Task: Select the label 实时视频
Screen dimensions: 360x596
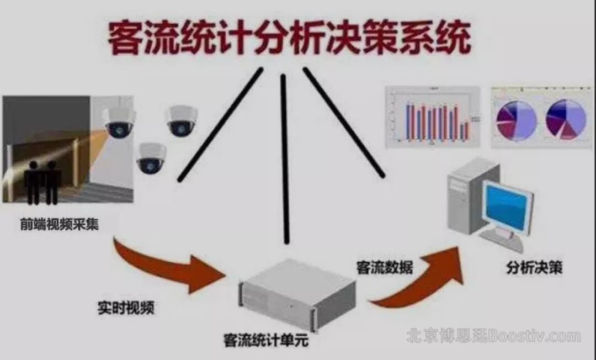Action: (126, 308)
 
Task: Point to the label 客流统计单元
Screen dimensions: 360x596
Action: (262, 340)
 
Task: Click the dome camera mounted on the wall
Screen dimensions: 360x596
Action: (119, 123)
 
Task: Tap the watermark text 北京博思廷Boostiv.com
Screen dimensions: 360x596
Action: (494, 336)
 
